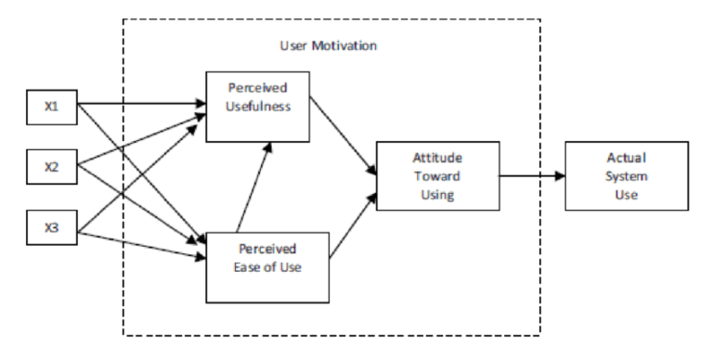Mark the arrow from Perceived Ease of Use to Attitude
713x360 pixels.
[x=353, y=224]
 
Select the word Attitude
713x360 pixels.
[x=437, y=159]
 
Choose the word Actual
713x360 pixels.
[x=627, y=159]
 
